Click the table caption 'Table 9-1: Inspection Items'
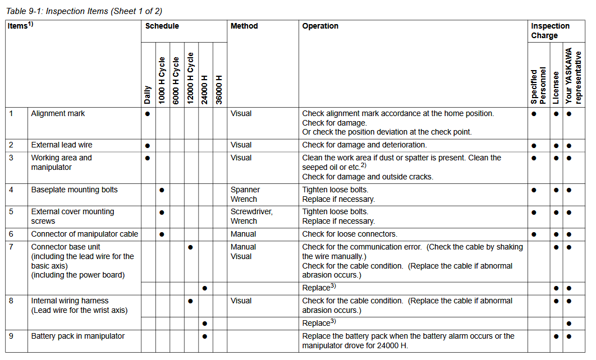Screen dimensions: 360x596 pyautogui.click(x=85, y=11)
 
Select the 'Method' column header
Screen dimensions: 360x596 pyautogui.click(x=244, y=26)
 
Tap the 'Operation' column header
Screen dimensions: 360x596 pyautogui.click(x=320, y=26)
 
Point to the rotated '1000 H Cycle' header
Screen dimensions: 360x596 pyautogui.click(x=162, y=80)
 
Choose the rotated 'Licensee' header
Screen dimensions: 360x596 pyautogui.click(x=556, y=87)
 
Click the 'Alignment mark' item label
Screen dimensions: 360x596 pyautogui.click(x=58, y=113)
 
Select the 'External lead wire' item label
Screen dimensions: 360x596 pyautogui.click(x=62, y=145)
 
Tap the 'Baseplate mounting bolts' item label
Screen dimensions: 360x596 pyautogui.click(x=74, y=190)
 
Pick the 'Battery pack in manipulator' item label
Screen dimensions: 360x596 pyautogui.click(x=78, y=336)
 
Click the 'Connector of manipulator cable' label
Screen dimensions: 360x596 pyautogui.click(x=84, y=234)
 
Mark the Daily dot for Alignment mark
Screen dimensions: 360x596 pyautogui.click(x=147, y=113)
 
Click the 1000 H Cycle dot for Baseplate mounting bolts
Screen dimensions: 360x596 pyautogui.click(x=162, y=190)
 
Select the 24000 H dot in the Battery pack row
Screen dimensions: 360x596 pyautogui.click(x=205, y=336)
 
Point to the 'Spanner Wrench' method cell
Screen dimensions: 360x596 pyautogui.click(x=244, y=194)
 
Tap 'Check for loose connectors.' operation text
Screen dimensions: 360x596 pyautogui.click(x=349, y=234)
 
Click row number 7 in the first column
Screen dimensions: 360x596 pyautogui.click(x=11, y=247)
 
